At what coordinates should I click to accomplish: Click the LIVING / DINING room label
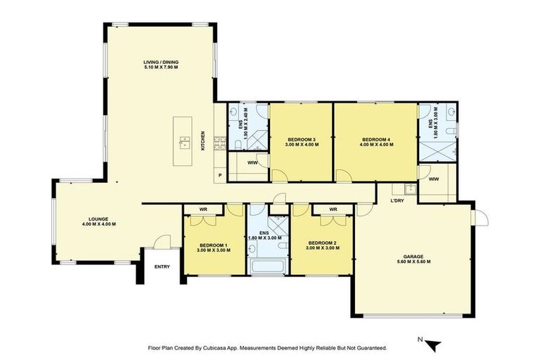[x=161, y=63]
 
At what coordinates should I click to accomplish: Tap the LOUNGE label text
[x=98, y=219]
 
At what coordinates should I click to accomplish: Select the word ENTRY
[x=162, y=266]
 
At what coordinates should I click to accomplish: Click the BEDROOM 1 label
[x=214, y=244]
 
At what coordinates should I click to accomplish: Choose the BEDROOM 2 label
[x=320, y=244]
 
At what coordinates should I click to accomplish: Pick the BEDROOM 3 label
[x=302, y=140]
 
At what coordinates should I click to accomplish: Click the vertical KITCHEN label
[x=204, y=141]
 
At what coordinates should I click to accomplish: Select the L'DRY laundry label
[x=397, y=202]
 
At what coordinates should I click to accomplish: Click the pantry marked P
[x=220, y=175]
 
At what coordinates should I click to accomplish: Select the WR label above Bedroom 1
[x=202, y=209]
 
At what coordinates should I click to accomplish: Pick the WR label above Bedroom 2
[x=333, y=209]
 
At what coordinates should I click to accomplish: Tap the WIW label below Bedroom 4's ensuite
[x=434, y=179]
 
